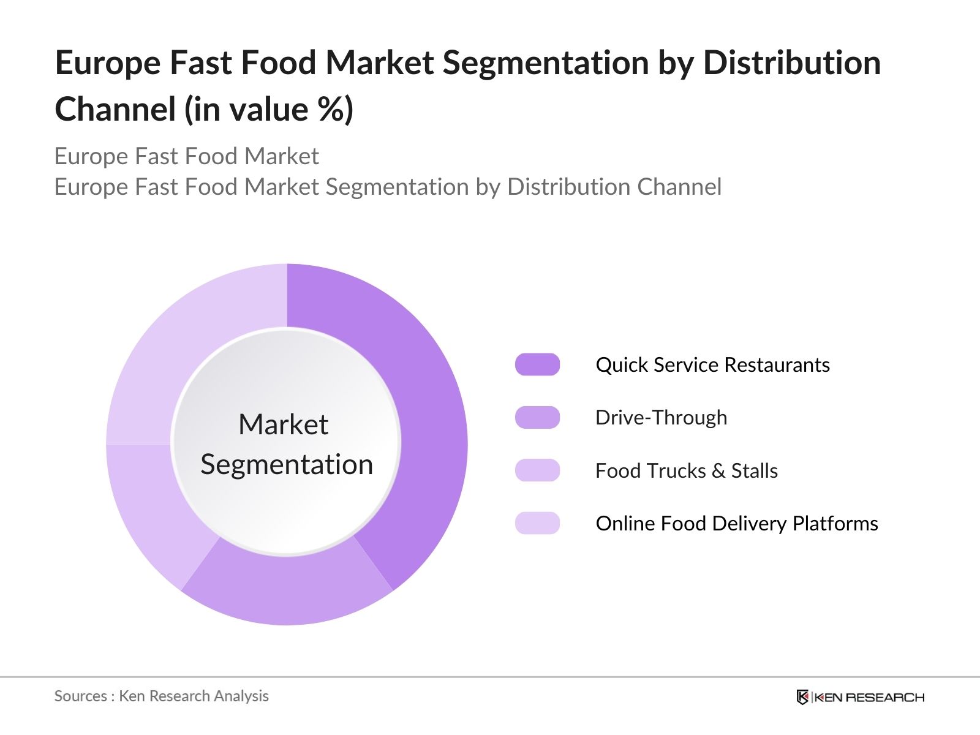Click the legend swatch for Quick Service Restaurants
[537, 364]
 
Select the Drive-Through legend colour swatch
[537, 417]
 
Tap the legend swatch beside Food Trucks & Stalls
[537, 470]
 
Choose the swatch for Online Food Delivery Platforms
[537, 523]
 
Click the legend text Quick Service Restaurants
[712, 364]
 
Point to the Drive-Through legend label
[661, 417]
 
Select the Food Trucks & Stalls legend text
[686, 470]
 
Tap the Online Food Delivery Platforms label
[736, 523]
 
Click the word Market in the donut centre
[283, 424]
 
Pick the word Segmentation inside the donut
[287, 464]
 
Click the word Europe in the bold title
[108, 63]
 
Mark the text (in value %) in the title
[269, 110]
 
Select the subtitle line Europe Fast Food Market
[186, 156]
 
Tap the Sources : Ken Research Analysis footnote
[161, 696]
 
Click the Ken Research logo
[860, 697]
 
